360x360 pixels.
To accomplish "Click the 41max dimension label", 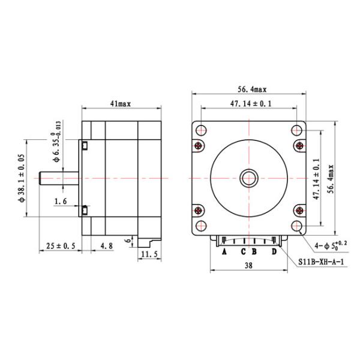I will tap(121, 104).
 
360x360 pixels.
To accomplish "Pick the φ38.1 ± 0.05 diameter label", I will tap(23, 178).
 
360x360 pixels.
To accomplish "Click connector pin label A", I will tap(224, 252).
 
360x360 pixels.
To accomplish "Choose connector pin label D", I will tap(274, 252).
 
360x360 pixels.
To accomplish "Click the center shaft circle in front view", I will tap(248, 178).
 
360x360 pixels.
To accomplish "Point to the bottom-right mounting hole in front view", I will tap(297, 226).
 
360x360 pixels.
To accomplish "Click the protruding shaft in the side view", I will tap(59, 178).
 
